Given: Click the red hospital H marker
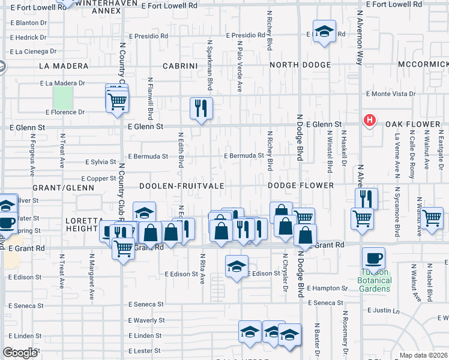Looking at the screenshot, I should click(x=370, y=121).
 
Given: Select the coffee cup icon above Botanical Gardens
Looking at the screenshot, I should click(x=373, y=259).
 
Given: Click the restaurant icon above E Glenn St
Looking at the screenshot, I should click(x=200, y=109).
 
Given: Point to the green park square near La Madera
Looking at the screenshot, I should click(x=62, y=97).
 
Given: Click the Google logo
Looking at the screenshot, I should click(x=20, y=353).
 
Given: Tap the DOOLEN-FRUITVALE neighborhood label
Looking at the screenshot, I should click(x=182, y=186).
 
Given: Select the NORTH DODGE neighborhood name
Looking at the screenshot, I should click(x=300, y=65).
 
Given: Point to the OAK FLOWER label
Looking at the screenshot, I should click(x=413, y=124).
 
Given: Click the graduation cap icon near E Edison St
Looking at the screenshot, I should click(x=237, y=265).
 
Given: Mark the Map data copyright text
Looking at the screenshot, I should click(x=423, y=355).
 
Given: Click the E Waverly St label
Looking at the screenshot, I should click(x=146, y=320).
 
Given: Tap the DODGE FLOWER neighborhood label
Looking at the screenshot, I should click(x=301, y=186).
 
